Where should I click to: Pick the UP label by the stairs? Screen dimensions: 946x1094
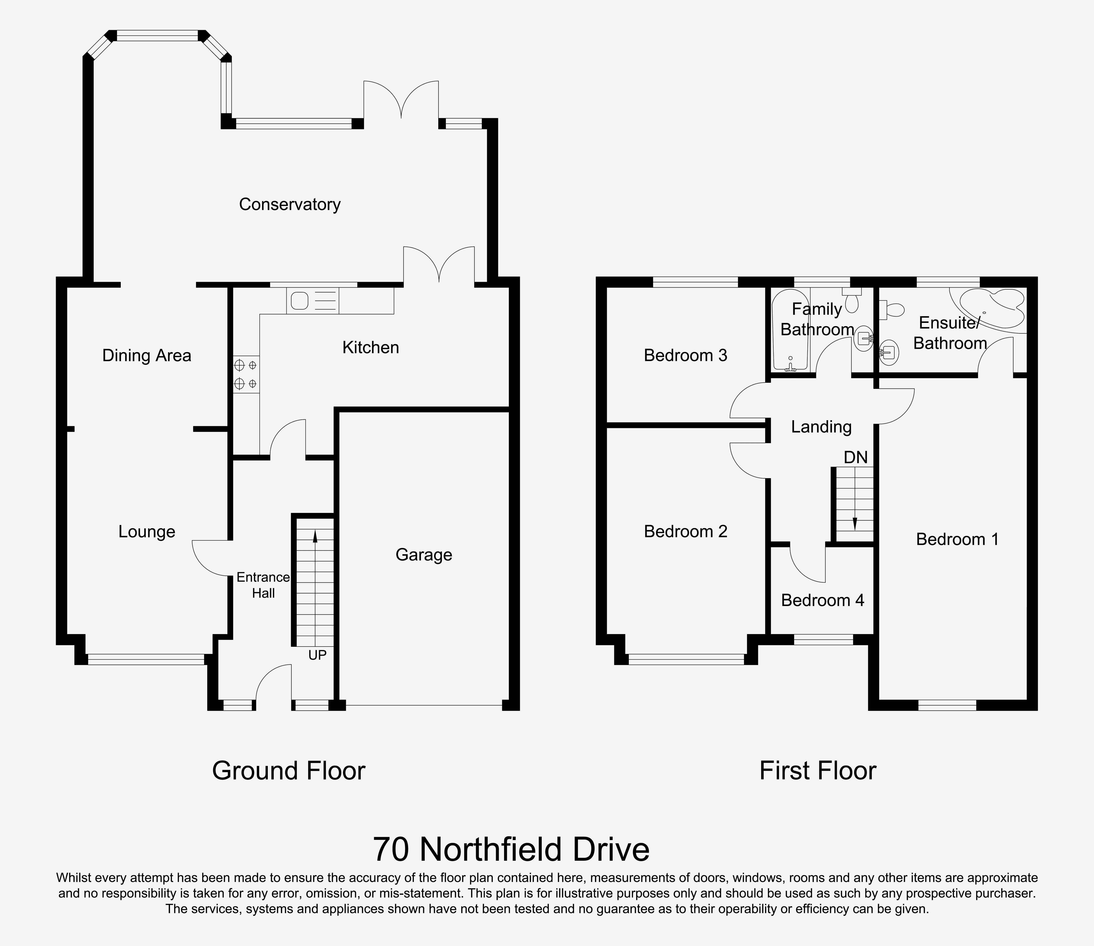pos(317,655)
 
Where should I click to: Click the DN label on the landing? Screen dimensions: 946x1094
pos(855,457)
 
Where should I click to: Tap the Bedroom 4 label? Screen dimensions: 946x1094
pos(822,600)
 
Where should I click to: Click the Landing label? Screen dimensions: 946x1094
pos(821,427)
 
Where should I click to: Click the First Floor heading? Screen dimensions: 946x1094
pos(817,771)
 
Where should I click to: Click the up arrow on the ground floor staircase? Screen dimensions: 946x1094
pos(315,536)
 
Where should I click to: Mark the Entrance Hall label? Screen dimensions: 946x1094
pos(263,585)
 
